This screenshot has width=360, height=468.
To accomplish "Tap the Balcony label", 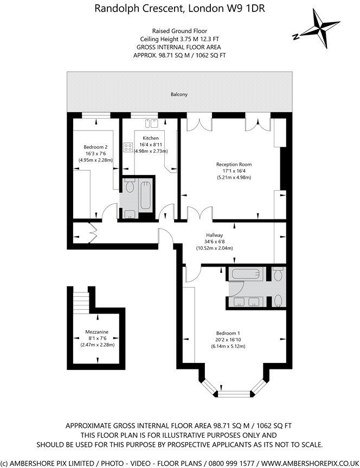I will tap(179, 95).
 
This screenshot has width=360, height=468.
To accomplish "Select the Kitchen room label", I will tap(151, 138).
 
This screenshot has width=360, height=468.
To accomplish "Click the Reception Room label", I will tap(234, 164).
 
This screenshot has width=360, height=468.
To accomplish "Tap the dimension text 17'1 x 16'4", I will tap(234, 171).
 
